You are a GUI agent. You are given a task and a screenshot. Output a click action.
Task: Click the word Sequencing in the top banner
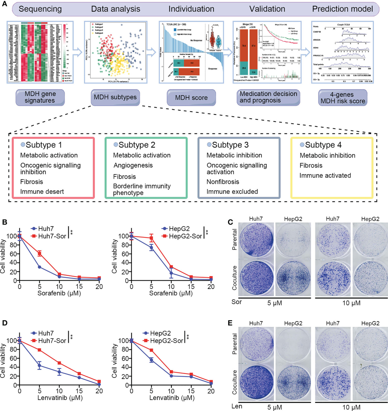click(40, 9)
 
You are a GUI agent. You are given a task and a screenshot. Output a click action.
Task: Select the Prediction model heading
click(342, 9)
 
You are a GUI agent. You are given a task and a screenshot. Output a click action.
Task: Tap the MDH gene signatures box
click(40, 97)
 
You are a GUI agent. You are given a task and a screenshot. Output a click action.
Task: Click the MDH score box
click(191, 98)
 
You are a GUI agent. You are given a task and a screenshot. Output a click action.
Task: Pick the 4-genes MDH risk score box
click(343, 98)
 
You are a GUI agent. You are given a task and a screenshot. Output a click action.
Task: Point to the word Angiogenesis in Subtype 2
click(133, 165)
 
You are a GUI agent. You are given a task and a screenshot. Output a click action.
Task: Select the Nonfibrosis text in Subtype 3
click(223, 182)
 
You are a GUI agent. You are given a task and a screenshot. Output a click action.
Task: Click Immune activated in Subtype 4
click(325, 176)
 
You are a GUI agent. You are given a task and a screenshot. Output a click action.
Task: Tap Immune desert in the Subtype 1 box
click(42, 192)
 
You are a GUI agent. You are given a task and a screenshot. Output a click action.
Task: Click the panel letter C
click(231, 222)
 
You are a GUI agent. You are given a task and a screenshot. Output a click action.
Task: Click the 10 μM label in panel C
click(351, 303)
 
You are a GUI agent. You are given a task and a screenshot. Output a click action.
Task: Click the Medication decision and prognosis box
click(268, 97)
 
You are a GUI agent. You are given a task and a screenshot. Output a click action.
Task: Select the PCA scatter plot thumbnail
click(115, 52)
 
